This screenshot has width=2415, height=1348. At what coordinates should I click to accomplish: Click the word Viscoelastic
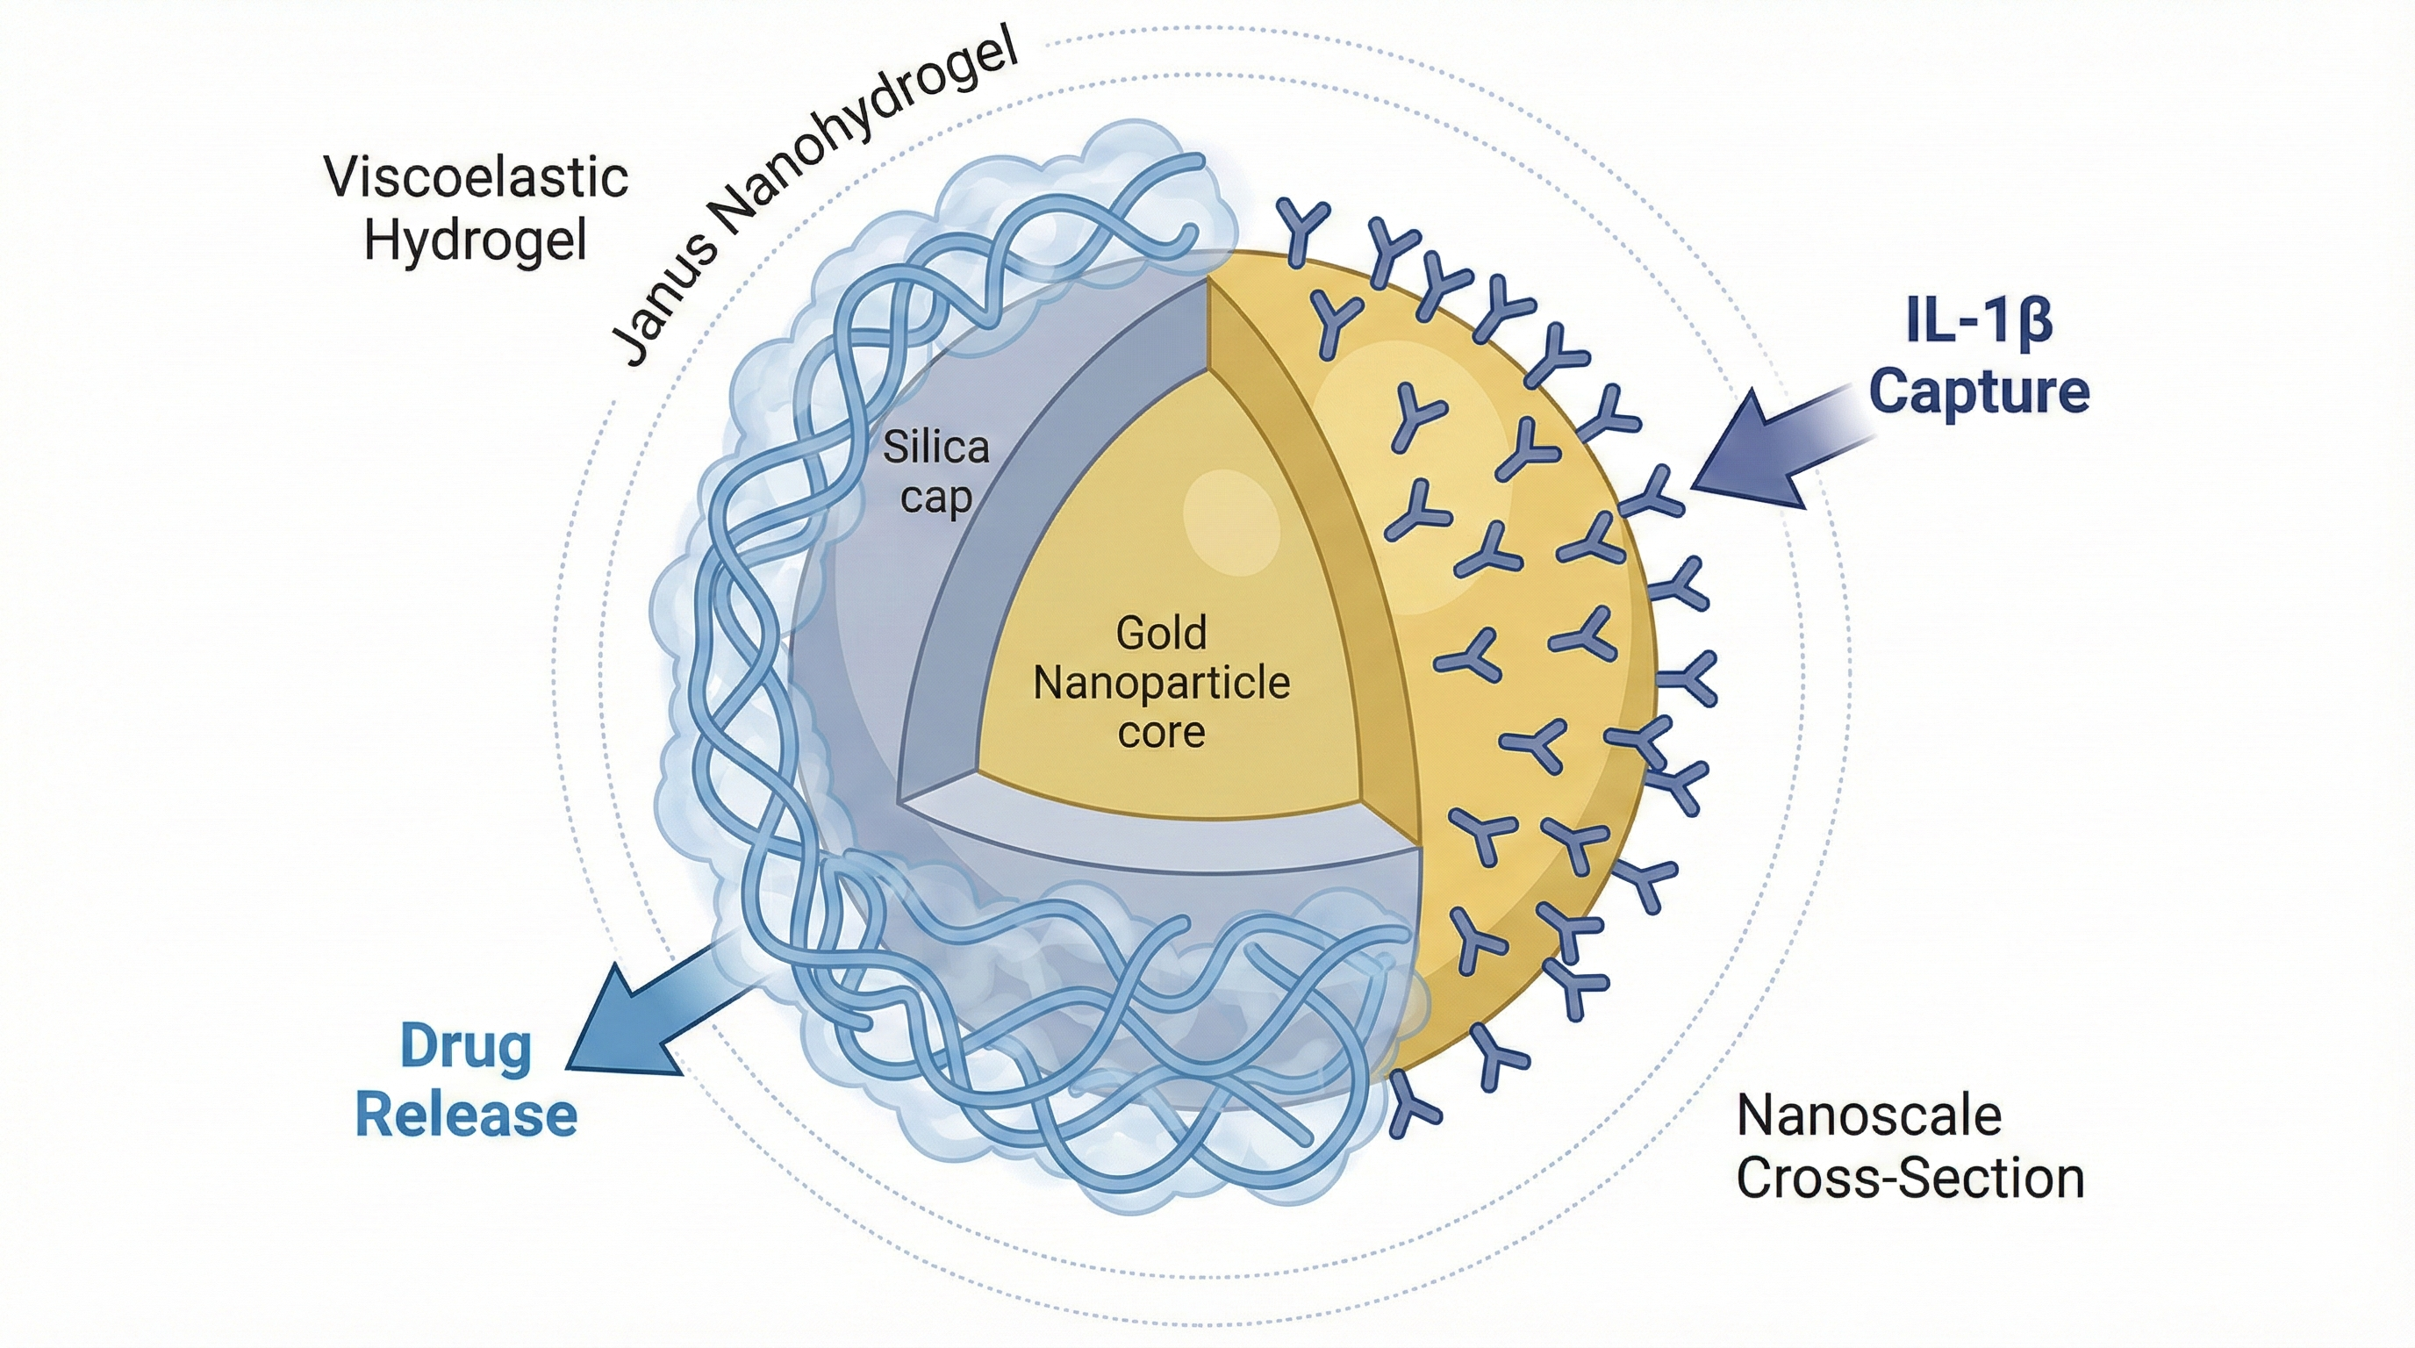pos(477,177)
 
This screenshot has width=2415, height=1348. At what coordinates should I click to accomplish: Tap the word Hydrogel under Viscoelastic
pos(476,240)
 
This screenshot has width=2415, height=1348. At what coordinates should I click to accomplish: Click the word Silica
pos(935,448)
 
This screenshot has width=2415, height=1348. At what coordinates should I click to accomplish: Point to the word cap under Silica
pos(935,498)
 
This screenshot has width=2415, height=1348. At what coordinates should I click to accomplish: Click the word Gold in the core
pos(1161,634)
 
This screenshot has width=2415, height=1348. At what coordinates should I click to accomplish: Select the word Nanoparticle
pos(1162,684)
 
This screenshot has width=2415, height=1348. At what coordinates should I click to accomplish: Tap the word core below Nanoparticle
pos(1161,732)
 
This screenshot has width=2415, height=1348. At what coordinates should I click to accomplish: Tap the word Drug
pos(466,1047)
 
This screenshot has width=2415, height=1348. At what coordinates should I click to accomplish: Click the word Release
pos(466,1115)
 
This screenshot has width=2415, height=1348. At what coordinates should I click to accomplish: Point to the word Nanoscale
pos(1869,1115)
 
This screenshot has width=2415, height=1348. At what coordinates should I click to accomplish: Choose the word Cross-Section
pos(1910,1179)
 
